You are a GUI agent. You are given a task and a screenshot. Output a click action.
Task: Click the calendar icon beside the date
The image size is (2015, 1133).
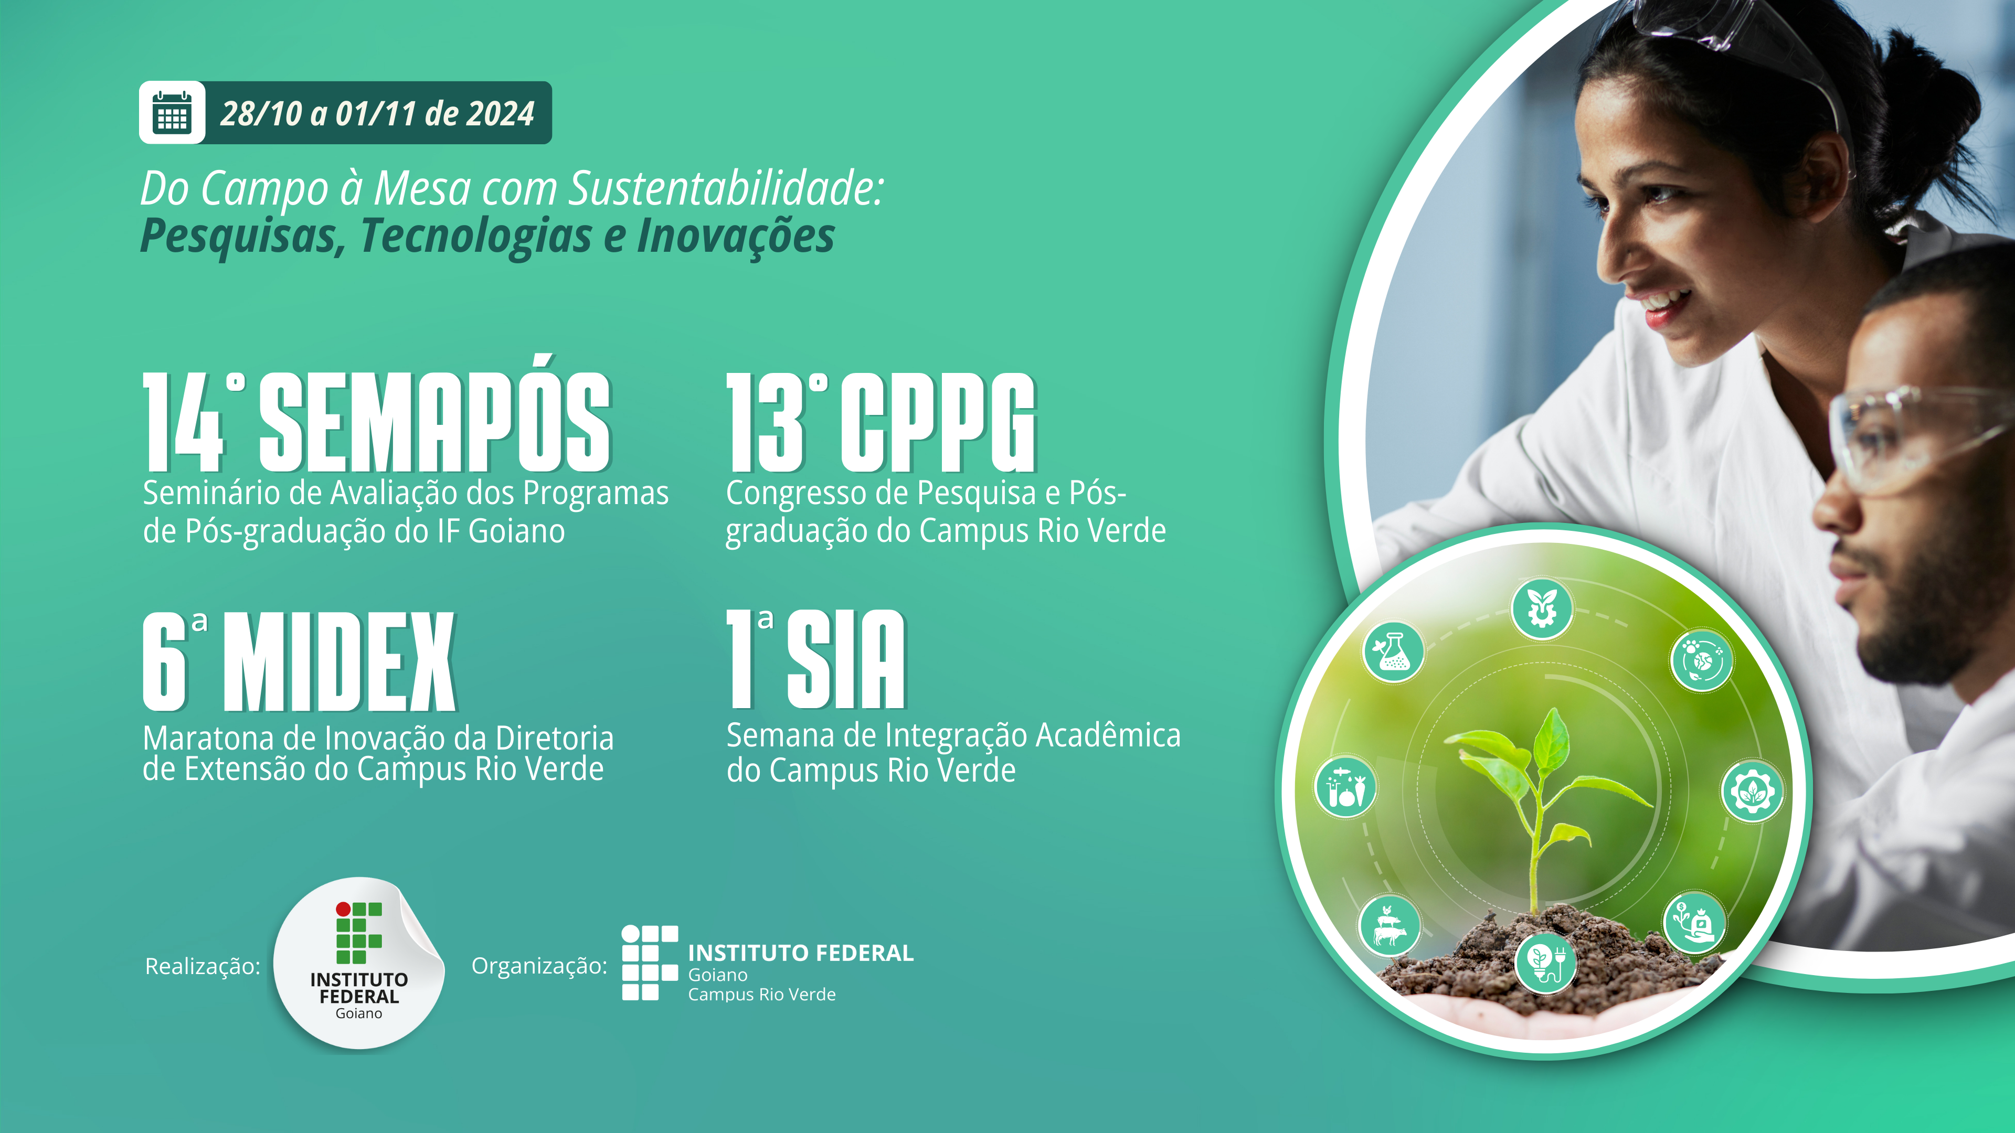(172, 113)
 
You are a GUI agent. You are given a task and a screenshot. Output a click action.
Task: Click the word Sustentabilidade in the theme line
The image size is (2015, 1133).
(725, 189)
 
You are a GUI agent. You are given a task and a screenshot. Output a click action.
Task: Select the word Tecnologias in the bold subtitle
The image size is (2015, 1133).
(475, 236)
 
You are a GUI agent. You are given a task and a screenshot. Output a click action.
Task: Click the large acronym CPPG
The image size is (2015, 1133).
(938, 423)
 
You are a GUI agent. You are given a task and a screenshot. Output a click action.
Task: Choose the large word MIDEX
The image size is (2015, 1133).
(340, 661)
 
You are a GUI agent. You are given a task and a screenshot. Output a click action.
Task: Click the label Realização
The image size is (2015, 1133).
(203, 966)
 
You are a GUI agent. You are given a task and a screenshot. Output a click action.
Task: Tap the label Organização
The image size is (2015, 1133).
(539, 966)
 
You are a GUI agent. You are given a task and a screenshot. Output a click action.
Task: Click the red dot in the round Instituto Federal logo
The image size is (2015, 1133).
(343, 908)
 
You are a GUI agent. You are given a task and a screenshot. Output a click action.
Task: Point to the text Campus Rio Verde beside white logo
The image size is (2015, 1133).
(762, 995)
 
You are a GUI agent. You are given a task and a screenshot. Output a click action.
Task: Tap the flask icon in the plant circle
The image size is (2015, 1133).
(1393, 651)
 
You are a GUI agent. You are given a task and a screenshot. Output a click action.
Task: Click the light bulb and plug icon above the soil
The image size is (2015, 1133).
(1545, 963)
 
